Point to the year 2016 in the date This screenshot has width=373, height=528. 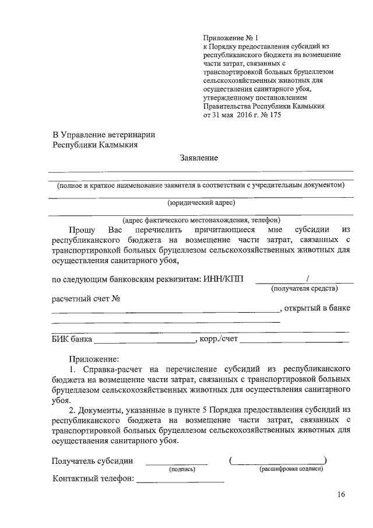click(x=231, y=116)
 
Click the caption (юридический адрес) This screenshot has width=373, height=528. click(x=200, y=202)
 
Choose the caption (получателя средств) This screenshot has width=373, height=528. click(x=304, y=288)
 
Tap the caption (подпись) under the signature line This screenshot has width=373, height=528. click(x=181, y=469)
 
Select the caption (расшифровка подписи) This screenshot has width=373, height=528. click(x=291, y=469)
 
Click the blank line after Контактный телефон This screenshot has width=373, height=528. click(x=180, y=480)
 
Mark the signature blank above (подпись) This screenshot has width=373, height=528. click(x=176, y=462)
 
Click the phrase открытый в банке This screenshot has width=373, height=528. click(x=318, y=308)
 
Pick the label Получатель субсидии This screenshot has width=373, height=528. click(x=93, y=461)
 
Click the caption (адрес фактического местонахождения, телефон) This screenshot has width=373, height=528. click(x=200, y=220)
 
